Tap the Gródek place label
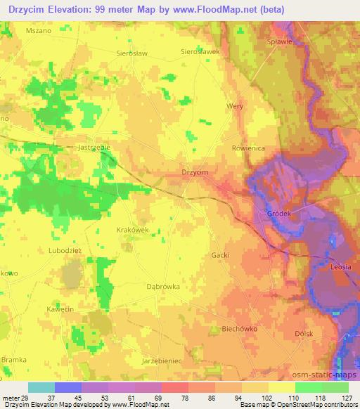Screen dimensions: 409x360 pos(278,213)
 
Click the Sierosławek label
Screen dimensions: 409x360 pos(200,51)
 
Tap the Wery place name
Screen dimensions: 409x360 pos(235,106)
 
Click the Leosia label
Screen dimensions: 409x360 pos(341,267)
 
